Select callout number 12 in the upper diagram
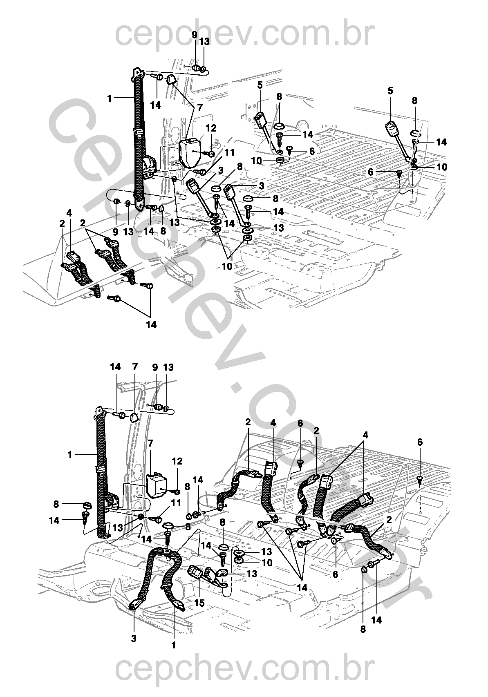(x=211, y=128)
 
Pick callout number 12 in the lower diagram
(x=177, y=461)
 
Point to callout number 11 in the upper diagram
(x=230, y=153)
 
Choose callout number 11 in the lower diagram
(x=176, y=503)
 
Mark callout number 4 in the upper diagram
(x=69, y=213)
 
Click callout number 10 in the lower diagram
(x=266, y=563)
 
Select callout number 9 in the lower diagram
(x=155, y=367)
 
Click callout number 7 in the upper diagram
(x=199, y=107)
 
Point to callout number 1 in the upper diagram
(x=109, y=98)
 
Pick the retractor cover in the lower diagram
(x=157, y=485)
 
